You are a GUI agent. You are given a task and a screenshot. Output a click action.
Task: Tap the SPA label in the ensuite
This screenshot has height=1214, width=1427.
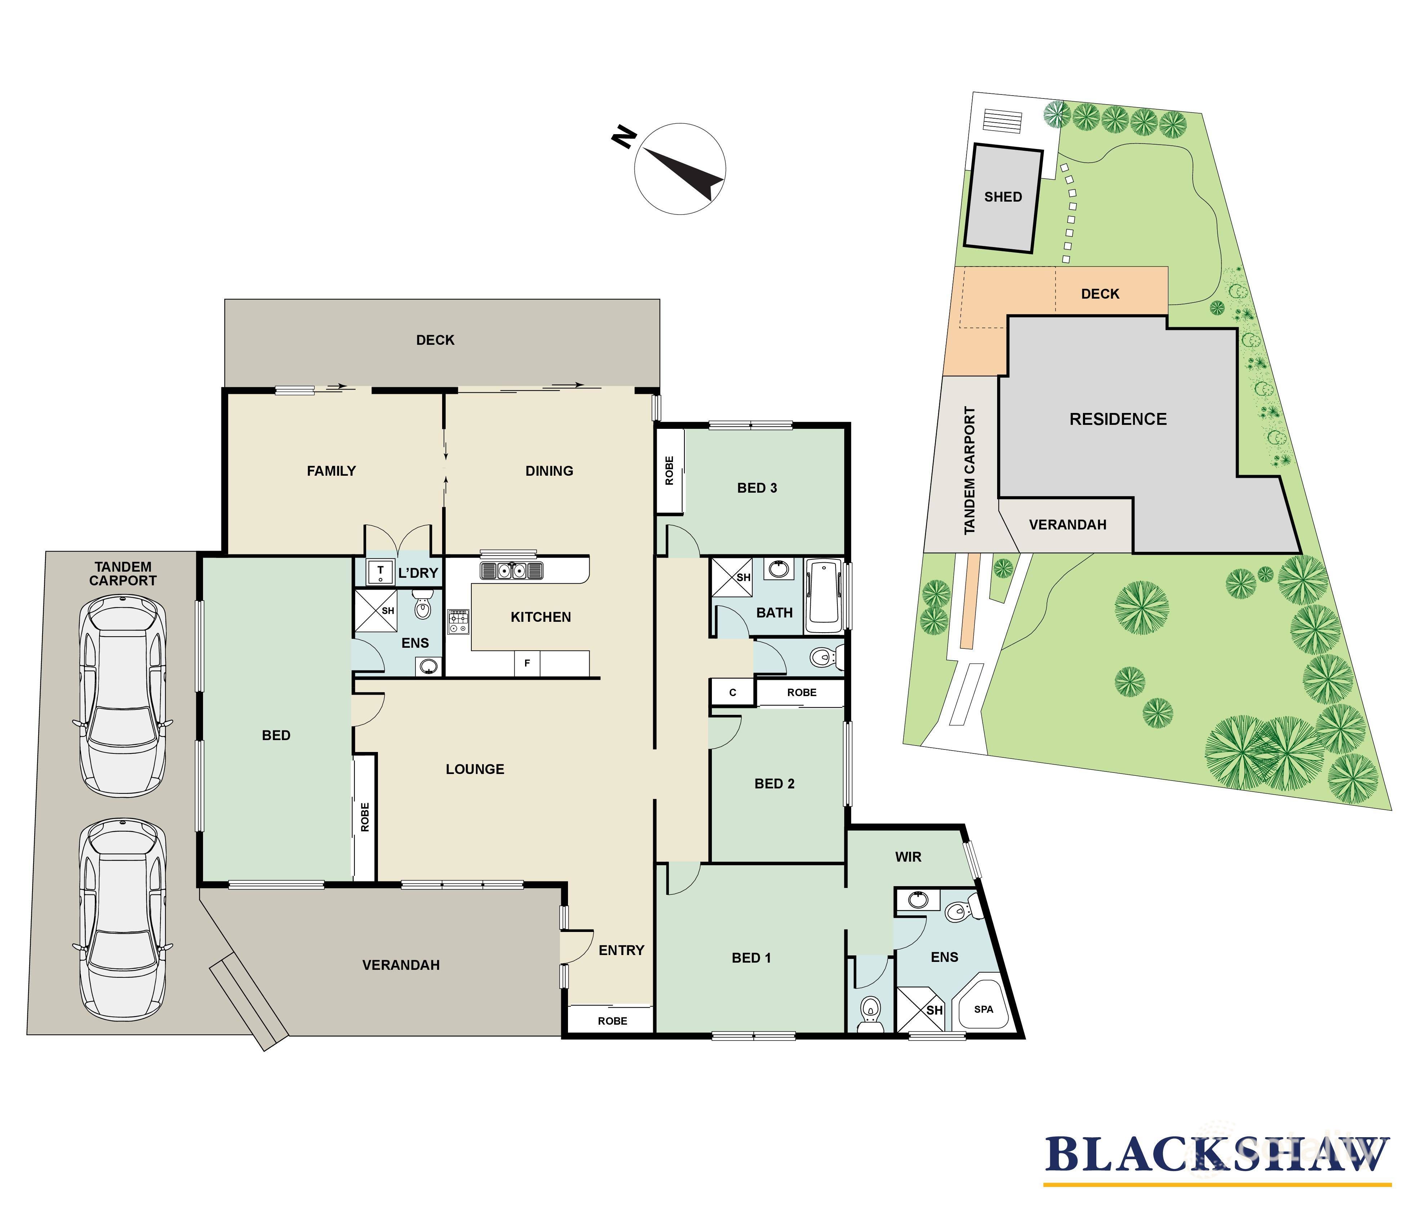tap(983, 1009)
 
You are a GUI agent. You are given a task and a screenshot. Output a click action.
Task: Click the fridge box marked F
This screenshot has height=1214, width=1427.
tap(527, 663)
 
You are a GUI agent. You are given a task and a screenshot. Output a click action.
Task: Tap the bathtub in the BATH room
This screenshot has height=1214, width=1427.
tap(823, 596)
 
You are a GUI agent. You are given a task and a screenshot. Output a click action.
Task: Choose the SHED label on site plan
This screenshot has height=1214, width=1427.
tap(1003, 197)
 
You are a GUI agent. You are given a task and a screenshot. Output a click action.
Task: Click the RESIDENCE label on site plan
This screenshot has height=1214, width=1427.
tap(1117, 419)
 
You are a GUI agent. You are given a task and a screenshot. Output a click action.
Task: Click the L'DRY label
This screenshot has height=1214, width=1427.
tap(418, 573)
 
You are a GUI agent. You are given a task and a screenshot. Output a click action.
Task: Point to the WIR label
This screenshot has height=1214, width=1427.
tap(908, 857)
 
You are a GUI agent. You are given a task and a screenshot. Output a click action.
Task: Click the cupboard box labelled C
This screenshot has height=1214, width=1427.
tap(732, 692)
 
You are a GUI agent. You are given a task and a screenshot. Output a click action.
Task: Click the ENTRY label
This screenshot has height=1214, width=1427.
tap(621, 950)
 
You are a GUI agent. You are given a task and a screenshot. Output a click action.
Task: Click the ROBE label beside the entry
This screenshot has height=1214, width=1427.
tap(612, 1021)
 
